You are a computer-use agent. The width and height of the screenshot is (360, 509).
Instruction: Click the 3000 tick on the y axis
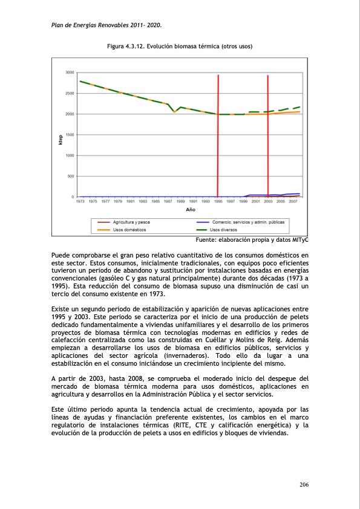pyautogui.click(x=70, y=73)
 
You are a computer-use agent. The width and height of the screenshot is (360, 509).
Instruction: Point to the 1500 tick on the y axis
pyautogui.click(x=70, y=135)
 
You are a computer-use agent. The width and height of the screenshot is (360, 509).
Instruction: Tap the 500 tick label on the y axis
pyautogui.click(x=71, y=176)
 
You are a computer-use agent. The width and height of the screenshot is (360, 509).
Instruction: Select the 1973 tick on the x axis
pyautogui.click(x=80, y=201)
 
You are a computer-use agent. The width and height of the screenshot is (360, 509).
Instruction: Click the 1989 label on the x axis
pyautogui.click(x=181, y=201)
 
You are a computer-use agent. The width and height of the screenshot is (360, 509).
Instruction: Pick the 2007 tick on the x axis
pyautogui.click(x=293, y=201)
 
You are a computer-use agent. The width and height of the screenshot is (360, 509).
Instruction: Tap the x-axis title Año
pyautogui.click(x=190, y=209)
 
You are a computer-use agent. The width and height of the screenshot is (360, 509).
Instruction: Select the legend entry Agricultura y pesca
pyautogui.click(x=132, y=222)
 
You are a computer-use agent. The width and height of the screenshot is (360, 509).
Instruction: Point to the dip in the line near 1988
pyautogui.click(x=174, y=112)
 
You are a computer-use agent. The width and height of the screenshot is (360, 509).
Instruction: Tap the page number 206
pyautogui.click(x=304, y=485)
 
